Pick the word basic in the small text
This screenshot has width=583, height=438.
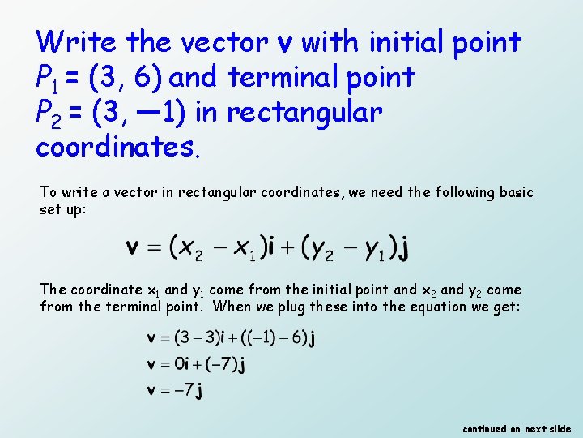coord(515,192)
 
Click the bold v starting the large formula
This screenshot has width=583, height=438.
coord(135,247)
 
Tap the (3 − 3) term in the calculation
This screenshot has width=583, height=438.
coord(196,337)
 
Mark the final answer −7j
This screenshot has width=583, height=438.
coord(189,391)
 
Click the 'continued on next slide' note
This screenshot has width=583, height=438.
coord(517,428)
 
